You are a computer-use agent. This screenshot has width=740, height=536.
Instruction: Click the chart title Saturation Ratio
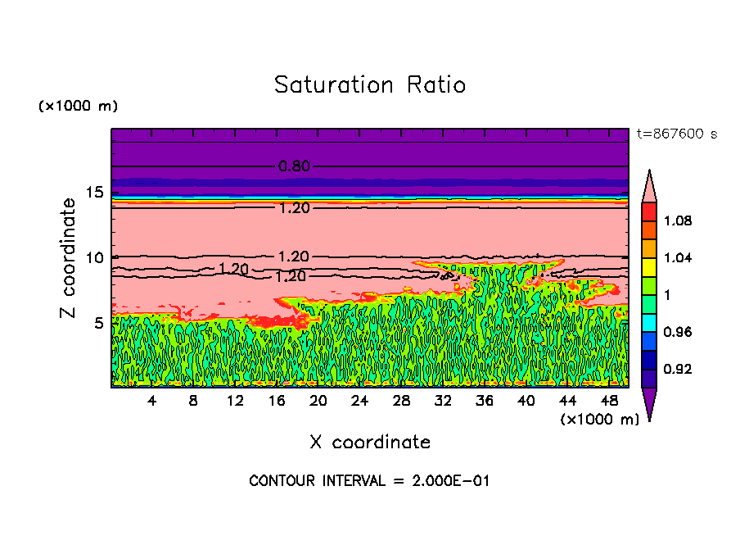(370, 84)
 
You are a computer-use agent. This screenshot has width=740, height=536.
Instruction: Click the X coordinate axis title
(370, 443)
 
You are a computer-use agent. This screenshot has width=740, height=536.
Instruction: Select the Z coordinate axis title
(70, 258)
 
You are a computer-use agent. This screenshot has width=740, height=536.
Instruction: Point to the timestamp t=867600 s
(676, 134)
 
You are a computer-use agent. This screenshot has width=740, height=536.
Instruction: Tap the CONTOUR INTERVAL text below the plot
(369, 481)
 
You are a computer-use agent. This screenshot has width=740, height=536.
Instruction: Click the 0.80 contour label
(294, 166)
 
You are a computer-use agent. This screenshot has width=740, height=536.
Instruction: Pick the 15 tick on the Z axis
(94, 193)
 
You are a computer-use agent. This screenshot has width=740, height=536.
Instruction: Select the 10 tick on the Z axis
(94, 257)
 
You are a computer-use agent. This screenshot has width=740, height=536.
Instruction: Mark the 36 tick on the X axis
(485, 401)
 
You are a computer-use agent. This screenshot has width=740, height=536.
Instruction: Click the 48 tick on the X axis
(609, 401)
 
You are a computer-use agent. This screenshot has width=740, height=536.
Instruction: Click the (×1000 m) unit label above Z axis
(78, 107)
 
